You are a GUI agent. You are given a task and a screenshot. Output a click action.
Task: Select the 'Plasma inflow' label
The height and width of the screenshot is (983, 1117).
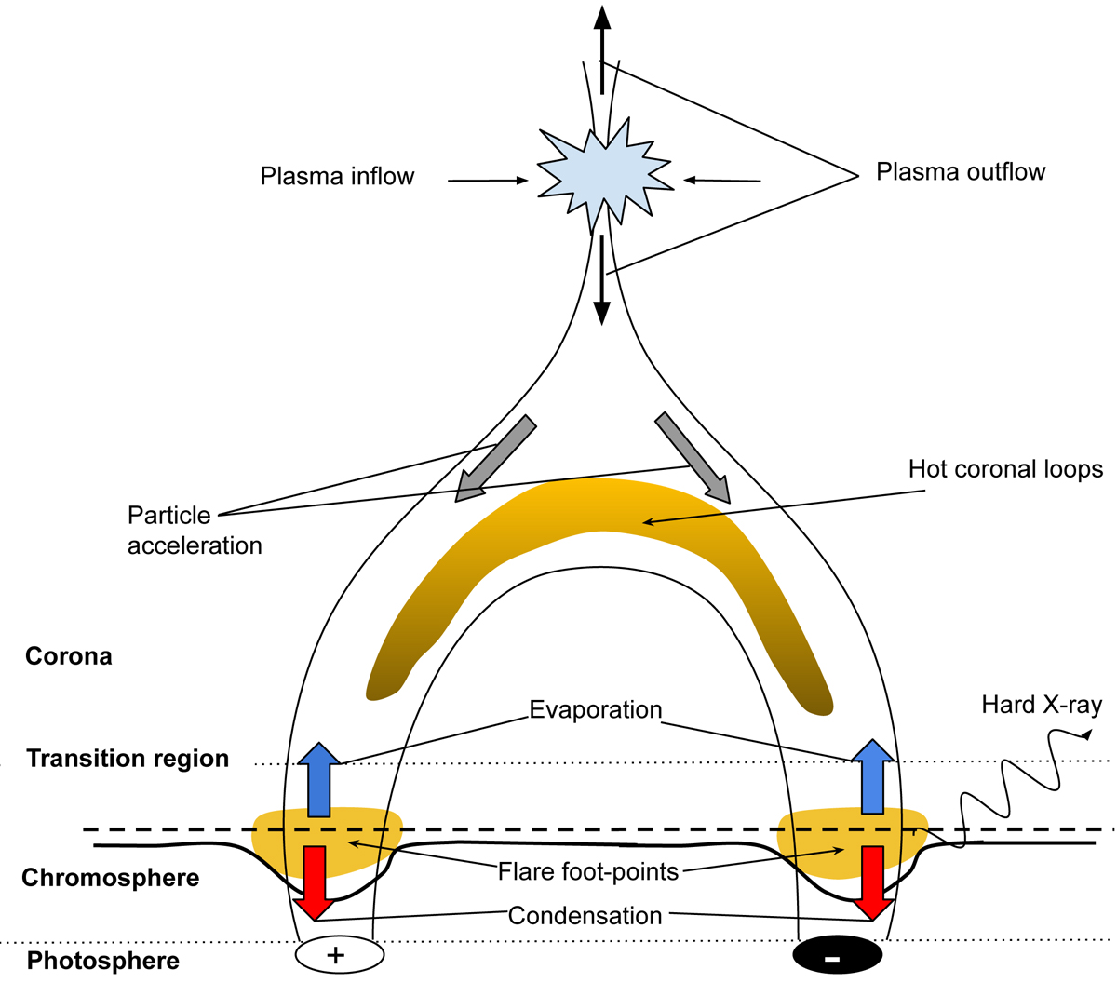tap(337, 177)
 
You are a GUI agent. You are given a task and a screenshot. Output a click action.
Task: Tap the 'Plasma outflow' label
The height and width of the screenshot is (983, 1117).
tap(961, 172)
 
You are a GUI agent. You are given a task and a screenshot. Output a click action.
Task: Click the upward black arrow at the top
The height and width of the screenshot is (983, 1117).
tap(602, 47)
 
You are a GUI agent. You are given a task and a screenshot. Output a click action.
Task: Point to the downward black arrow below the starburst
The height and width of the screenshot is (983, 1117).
tap(602, 279)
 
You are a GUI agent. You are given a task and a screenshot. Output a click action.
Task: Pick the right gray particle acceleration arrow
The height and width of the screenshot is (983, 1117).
tap(693, 458)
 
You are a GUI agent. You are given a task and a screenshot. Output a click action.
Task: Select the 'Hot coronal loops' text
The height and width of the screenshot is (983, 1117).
tap(1005, 469)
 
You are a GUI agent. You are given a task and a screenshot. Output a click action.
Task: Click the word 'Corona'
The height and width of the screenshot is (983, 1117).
tap(69, 656)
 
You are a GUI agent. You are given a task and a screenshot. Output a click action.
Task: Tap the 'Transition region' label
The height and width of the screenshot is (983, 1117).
tap(128, 759)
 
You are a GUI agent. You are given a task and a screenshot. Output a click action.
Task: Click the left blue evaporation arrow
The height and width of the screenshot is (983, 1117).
tap(319, 780)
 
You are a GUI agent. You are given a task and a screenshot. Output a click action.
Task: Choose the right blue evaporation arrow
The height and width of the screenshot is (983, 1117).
tap(872, 777)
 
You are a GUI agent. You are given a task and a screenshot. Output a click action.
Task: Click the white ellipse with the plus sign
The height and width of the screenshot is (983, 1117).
tap(339, 954)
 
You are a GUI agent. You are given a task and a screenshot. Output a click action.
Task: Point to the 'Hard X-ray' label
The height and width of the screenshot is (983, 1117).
tap(1042, 706)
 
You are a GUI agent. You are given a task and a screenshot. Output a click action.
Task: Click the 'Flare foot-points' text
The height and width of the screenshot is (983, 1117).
tap(588, 872)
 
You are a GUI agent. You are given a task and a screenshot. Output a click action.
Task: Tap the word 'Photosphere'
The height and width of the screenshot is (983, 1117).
tap(102, 961)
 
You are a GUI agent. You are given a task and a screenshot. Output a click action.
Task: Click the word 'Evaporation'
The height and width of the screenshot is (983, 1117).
tap(595, 710)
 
